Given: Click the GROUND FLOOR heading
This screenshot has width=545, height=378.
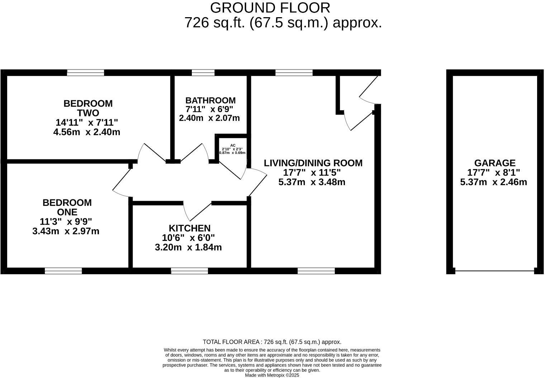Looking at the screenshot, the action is (270, 8).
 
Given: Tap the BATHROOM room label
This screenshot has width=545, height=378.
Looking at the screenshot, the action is (210, 100).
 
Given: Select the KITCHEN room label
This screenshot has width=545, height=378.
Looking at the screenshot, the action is (190, 228).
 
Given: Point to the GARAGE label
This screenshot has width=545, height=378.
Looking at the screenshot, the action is (495, 163).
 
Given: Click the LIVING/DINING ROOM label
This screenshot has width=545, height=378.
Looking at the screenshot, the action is (313, 163).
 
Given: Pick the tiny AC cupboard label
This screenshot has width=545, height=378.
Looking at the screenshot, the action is (233, 145).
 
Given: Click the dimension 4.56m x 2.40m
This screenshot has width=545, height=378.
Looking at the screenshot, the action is (87, 132).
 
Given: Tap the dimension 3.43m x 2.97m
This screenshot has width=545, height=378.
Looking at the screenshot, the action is (66, 231).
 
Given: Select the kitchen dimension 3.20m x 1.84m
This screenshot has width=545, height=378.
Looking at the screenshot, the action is (188, 247).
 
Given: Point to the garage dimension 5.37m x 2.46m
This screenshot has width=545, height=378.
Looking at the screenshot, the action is (494, 182).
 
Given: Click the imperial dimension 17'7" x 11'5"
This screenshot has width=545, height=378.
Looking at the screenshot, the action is (312, 173).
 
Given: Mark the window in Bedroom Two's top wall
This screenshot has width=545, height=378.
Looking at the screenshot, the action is (86, 73).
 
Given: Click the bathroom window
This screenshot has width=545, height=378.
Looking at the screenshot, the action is (203, 73).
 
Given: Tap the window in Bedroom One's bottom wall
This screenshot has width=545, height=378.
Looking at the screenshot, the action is (63, 271).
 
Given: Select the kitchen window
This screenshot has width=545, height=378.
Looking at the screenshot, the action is (190, 271).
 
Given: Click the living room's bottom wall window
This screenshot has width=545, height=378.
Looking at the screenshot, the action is (316, 271).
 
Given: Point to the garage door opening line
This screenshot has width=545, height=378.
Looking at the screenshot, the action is (495, 271).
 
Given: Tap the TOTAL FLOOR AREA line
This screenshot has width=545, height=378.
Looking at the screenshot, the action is (272, 342).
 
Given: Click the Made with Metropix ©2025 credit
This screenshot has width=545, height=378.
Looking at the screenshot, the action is (272, 375).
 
